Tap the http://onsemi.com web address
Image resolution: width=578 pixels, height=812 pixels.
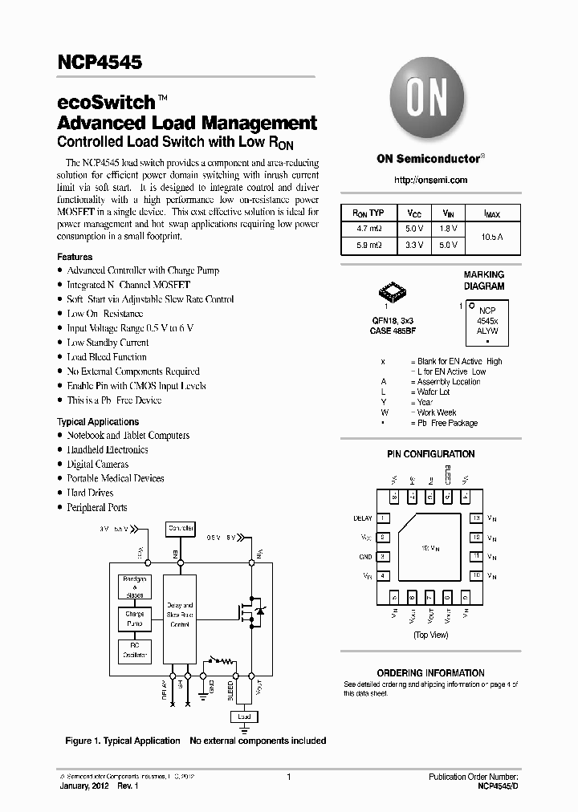(x=431, y=181)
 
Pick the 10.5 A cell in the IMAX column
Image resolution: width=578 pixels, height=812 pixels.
(x=491, y=237)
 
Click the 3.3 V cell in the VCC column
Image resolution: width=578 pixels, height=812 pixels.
(x=414, y=245)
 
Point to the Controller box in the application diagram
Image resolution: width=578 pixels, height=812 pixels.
(x=180, y=529)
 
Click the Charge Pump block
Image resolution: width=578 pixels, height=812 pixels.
(x=135, y=619)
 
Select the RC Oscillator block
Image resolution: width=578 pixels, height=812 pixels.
(x=135, y=650)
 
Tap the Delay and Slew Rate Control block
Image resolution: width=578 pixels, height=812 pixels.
(x=180, y=614)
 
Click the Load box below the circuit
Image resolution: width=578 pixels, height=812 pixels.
(x=244, y=717)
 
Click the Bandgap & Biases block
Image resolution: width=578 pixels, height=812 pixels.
(x=135, y=587)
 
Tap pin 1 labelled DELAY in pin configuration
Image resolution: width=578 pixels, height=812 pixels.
(x=383, y=518)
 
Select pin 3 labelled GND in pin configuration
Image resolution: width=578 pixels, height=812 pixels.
(x=383, y=556)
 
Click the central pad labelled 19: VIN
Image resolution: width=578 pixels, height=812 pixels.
(x=430, y=547)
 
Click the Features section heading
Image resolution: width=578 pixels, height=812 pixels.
(x=75, y=257)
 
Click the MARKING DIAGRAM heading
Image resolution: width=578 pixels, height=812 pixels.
(x=484, y=280)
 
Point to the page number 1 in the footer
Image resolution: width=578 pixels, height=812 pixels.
(x=288, y=777)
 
